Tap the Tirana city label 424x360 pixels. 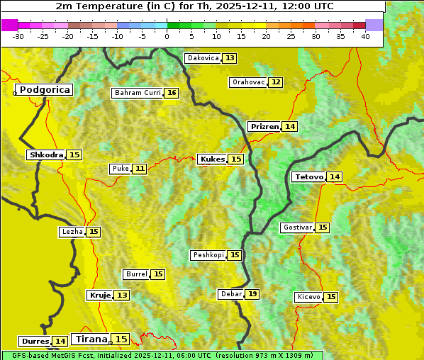91,339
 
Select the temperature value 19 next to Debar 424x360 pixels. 252,294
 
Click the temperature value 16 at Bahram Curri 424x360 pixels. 172,93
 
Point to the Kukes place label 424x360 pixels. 212,159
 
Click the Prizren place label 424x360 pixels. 264,127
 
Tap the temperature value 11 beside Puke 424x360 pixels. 140,169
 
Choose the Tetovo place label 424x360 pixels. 308,177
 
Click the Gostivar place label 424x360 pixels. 297,227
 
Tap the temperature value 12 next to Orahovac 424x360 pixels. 276,82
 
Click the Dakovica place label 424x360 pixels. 202,58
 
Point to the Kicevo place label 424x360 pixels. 308,297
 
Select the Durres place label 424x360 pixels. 35,342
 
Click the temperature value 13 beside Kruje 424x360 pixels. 123,296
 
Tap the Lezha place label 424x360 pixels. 72,232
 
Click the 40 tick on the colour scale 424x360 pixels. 365,36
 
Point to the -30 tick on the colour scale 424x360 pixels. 18,36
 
